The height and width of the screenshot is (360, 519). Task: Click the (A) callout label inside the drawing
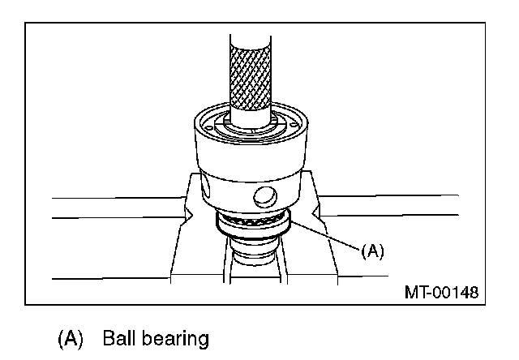[371, 251]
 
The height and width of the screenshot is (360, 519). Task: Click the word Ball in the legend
[121, 338]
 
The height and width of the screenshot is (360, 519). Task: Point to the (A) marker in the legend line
[71, 339]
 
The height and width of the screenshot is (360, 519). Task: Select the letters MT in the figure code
[414, 290]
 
